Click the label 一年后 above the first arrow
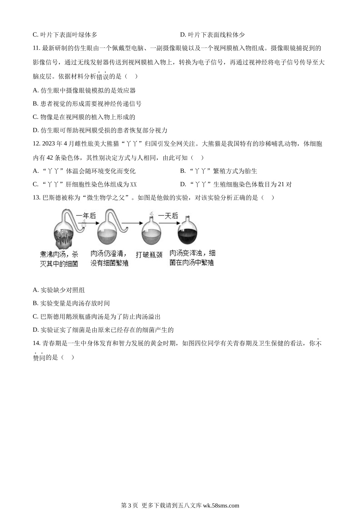[86, 216]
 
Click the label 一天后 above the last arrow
[168, 216]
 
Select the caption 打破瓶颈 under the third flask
[149, 255]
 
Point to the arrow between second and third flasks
[129, 223]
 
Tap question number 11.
[36, 48]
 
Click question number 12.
[36, 144]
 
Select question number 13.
[36, 197]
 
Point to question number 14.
[36, 343]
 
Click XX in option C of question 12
[133, 185]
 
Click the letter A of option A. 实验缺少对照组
[35, 290]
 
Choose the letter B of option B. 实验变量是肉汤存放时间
[35, 303]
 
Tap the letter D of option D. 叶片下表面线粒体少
[183, 35]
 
